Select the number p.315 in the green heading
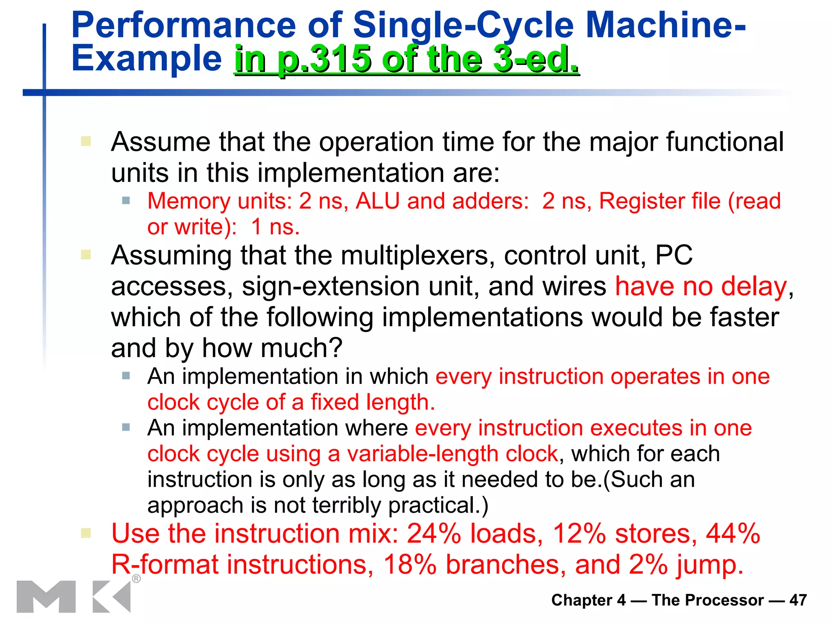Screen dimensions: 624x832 324,59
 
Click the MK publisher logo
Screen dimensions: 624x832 74,596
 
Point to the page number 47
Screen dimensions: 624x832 798,600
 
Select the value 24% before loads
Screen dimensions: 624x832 434,533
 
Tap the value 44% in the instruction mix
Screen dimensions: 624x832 733,533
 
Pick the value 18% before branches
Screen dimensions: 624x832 410,565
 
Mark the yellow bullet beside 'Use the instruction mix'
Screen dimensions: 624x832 86,533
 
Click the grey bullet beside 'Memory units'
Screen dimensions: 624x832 126,201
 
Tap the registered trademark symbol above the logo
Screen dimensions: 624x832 136,578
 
